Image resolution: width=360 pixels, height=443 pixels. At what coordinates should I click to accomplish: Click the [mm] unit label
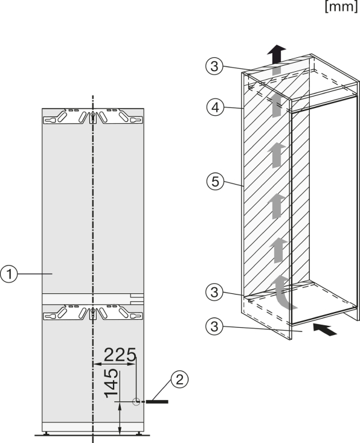pos(342,7)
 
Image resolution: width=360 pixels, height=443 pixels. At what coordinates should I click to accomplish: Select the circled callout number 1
pos(9,274)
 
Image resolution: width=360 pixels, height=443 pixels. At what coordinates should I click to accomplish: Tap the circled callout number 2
pos(179,380)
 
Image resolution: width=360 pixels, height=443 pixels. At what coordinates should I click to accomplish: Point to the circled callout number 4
pos(215,107)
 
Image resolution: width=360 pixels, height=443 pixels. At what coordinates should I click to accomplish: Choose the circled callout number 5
pos(215,181)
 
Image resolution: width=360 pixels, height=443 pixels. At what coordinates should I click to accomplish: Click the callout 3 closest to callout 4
pos(214,66)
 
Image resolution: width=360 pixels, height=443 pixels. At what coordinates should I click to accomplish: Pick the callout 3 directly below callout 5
pos(214,292)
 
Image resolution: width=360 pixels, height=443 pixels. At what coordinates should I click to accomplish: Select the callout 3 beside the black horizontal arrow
pos(214,327)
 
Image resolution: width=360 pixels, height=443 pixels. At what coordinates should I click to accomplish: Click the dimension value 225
pos(120,355)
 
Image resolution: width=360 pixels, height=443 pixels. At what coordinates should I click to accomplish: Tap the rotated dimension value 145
pos(111,383)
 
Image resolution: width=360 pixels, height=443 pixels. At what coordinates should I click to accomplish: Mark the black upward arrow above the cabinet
pos(277,54)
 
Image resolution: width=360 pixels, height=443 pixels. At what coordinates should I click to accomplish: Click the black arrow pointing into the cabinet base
pos(325,330)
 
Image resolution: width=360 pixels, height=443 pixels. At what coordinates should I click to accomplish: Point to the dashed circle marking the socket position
pos(137,401)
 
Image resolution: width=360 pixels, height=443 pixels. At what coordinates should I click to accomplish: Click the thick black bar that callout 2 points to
pos(157,401)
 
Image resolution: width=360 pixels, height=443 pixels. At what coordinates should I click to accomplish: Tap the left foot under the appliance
pos(45,433)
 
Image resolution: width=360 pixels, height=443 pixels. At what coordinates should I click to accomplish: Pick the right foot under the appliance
pos(140,433)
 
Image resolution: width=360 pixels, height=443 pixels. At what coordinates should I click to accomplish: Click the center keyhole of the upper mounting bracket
pos(93,117)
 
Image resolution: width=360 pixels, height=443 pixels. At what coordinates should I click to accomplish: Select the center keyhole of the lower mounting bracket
pos(93,314)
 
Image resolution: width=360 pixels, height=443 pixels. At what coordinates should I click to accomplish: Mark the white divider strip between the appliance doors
pos(93,299)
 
